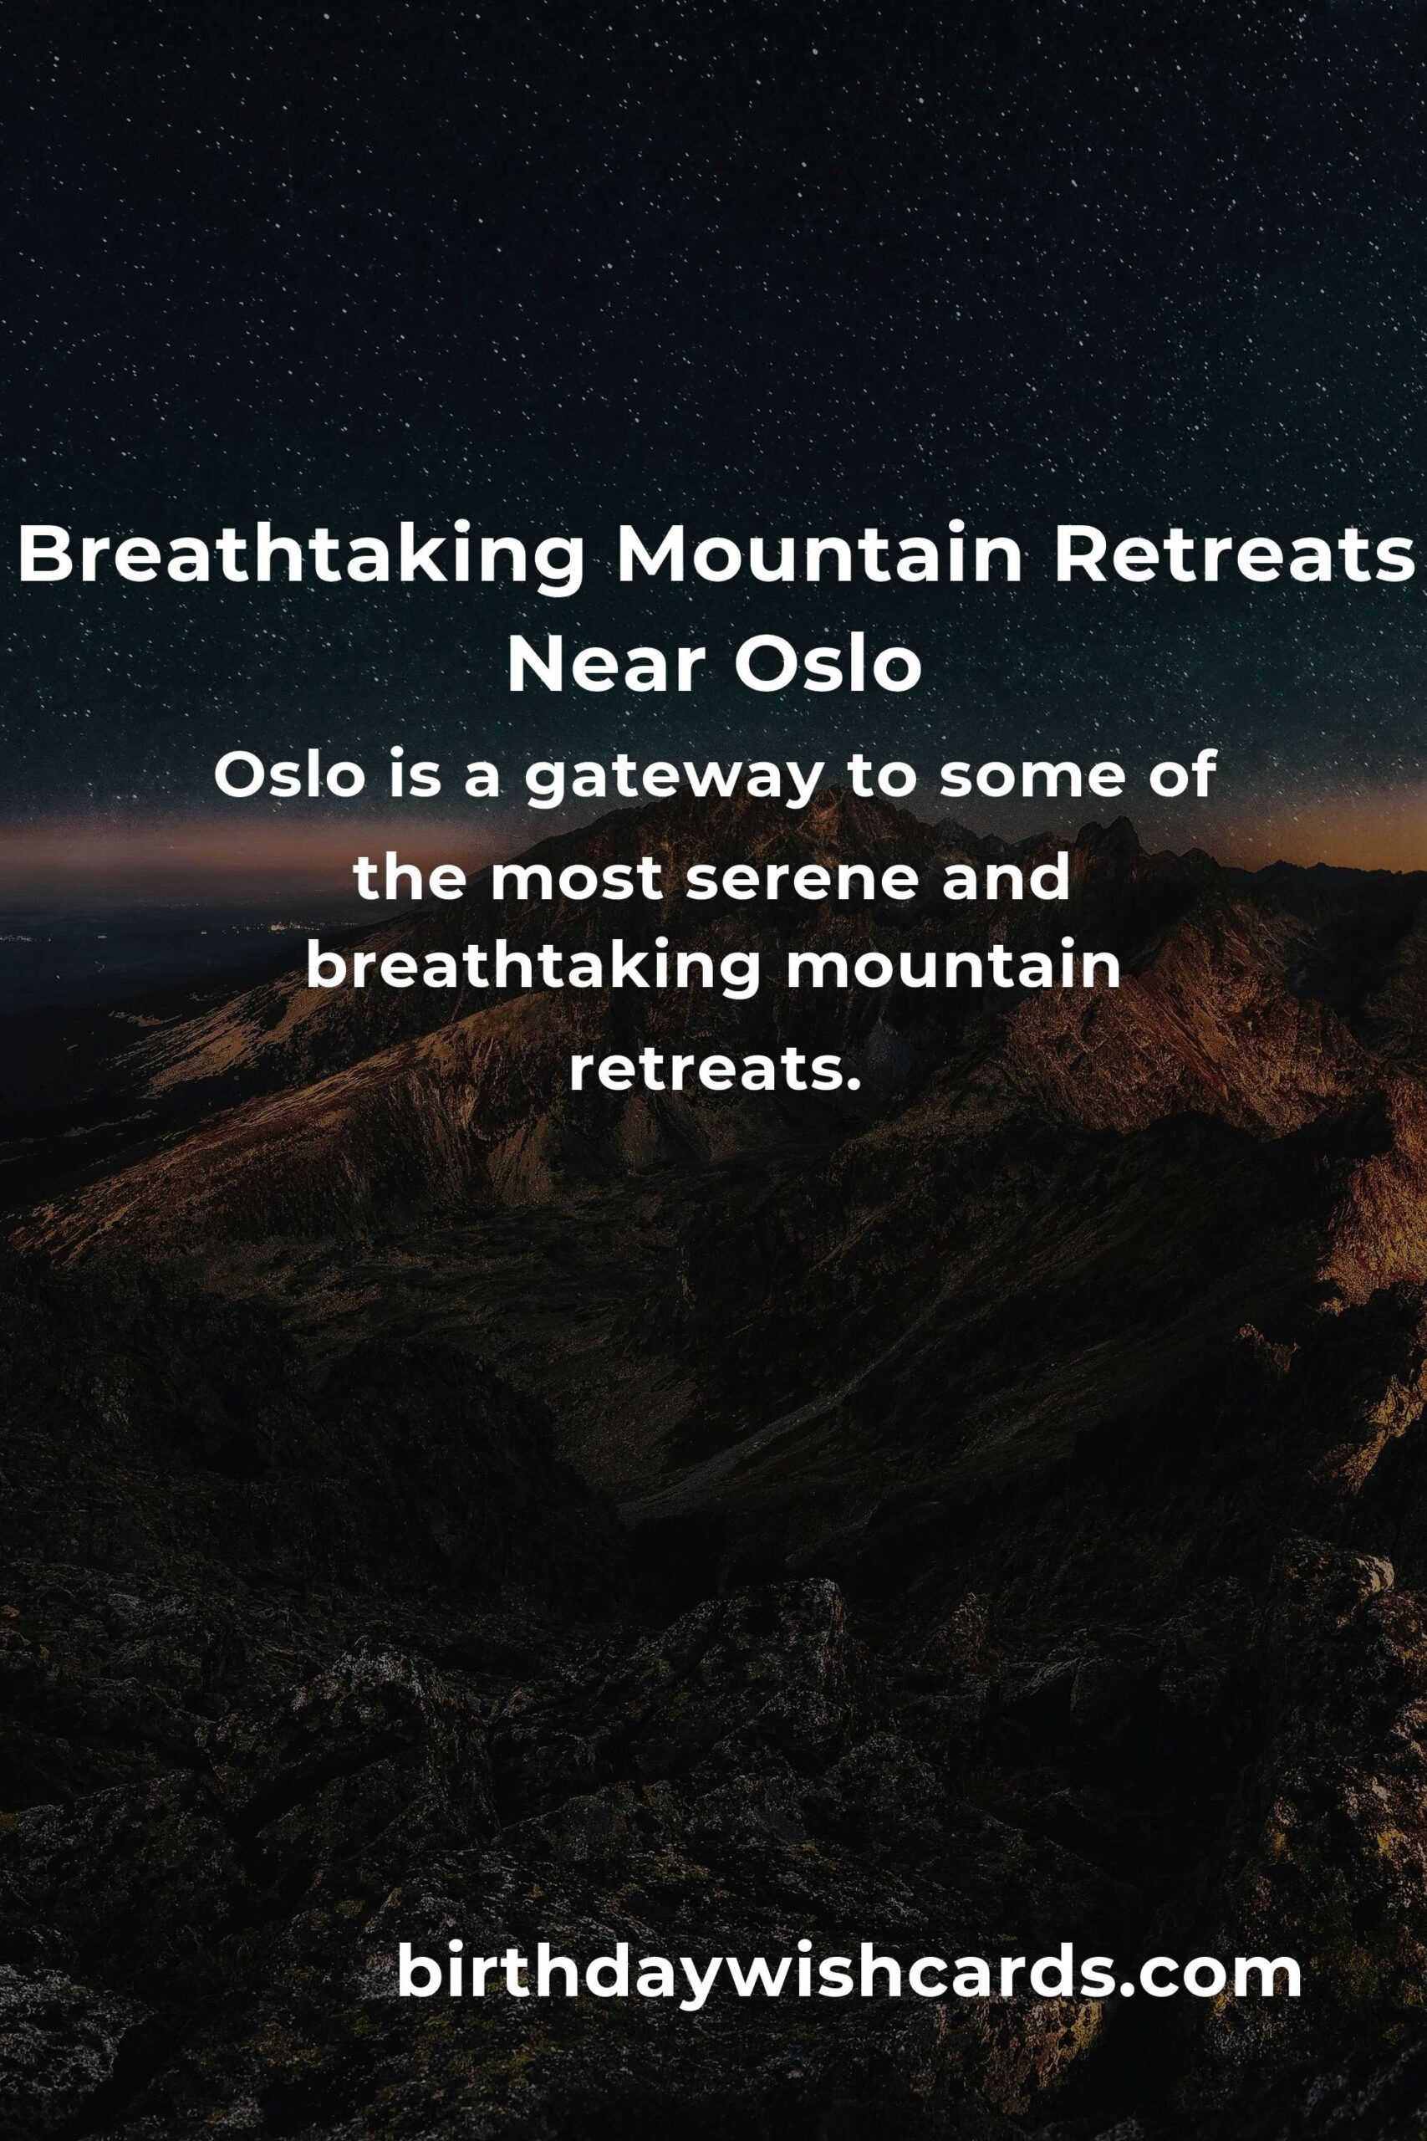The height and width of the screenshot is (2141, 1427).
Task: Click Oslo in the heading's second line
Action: tap(828, 667)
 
